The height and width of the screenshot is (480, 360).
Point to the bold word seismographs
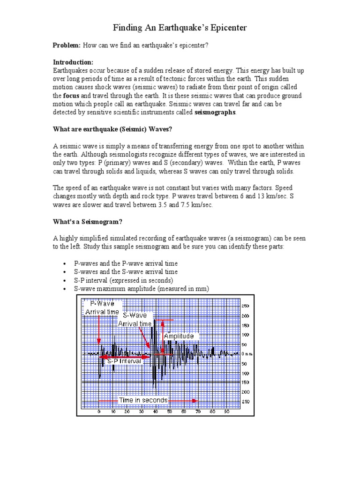click(x=216, y=112)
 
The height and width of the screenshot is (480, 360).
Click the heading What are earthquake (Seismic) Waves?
click(x=112, y=129)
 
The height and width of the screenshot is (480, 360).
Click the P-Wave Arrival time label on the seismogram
click(x=102, y=308)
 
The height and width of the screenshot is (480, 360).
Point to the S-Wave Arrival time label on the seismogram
click(x=135, y=320)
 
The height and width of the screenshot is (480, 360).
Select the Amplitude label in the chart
click(x=179, y=337)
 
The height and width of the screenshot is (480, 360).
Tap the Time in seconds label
click(x=143, y=400)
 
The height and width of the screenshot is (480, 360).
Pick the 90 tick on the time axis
click(x=226, y=412)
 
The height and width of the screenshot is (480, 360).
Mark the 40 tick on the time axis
click(x=156, y=412)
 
